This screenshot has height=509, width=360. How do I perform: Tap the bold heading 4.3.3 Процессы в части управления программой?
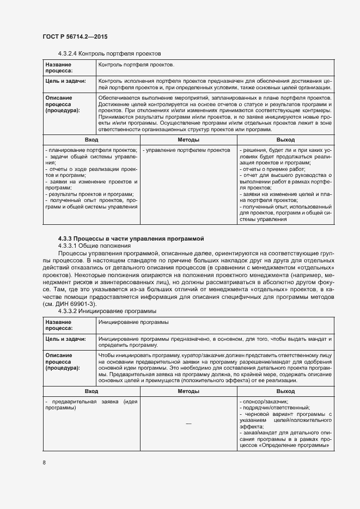click(x=131, y=238)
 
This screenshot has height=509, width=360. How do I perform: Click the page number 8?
click(x=44, y=463)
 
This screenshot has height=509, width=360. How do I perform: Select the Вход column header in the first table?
click(x=91, y=140)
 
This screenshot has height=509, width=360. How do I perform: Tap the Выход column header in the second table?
click(x=285, y=391)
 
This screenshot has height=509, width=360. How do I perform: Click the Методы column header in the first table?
click(x=188, y=140)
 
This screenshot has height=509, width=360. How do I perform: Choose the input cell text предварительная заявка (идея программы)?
click(x=91, y=404)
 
